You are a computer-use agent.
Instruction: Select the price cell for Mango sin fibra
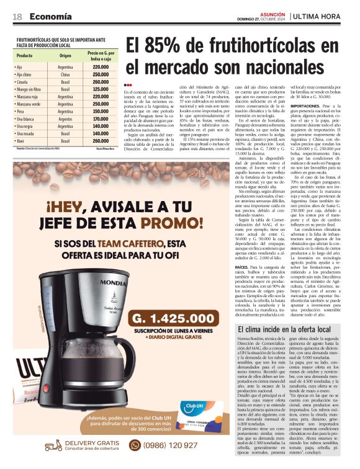point(101,89)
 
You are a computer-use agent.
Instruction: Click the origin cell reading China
point(65,74)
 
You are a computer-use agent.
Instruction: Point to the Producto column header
point(24,55)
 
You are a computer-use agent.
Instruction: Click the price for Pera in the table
point(101,112)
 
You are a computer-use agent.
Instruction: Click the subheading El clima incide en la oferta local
point(284,329)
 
